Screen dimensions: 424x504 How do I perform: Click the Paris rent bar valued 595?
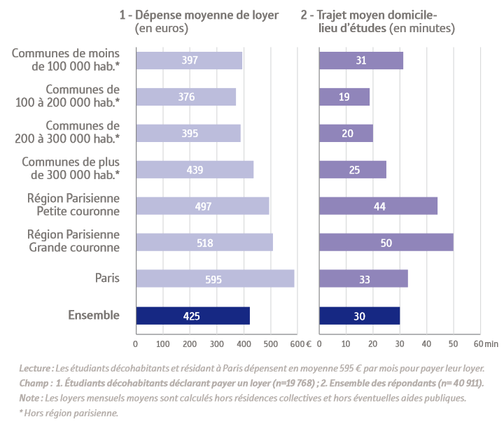pyautogui.click(x=215, y=279)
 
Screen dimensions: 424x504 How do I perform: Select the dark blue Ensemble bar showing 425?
pyautogui.click(x=192, y=316)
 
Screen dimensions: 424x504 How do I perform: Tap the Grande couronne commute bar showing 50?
pyautogui.click(x=386, y=242)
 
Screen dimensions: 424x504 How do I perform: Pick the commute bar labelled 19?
pyautogui.click(x=344, y=97)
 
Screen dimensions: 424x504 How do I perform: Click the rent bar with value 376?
pyautogui.click(x=185, y=97)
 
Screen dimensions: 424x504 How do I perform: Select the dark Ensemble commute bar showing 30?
pyautogui.click(x=359, y=316)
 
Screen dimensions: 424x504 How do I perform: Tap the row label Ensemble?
pyautogui.click(x=94, y=316)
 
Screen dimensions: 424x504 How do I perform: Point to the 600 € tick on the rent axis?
pyautogui.click(x=300, y=344)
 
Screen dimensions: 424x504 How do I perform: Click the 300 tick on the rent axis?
pyautogui.click(x=216, y=344)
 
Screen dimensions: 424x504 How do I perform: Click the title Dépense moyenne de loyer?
pyautogui.click(x=199, y=15)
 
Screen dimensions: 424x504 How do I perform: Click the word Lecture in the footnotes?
pyautogui.click(x=35, y=368)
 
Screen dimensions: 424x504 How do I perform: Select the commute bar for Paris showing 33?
pyautogui.click(x=363, y=279)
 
